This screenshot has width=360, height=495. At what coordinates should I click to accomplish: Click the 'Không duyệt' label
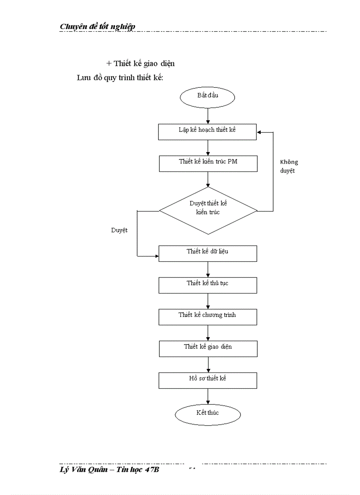tap(289, 167)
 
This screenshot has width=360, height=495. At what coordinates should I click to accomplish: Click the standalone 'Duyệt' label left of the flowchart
tap(119, 230)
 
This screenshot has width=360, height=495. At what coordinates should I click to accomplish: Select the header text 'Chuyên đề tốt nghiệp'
tap(97, 26)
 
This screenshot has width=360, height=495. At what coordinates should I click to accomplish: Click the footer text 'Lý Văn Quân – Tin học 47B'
tap(109, 470)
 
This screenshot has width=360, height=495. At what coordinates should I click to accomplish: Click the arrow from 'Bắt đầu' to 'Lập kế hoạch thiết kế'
tap(208, 116)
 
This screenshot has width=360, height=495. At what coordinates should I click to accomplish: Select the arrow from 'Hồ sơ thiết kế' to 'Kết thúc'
tap(208, 397)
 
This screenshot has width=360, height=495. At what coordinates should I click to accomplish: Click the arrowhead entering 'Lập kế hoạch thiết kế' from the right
tap(260, 132)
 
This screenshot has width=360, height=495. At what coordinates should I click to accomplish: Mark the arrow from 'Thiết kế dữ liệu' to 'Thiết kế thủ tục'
tap(208, 269)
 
